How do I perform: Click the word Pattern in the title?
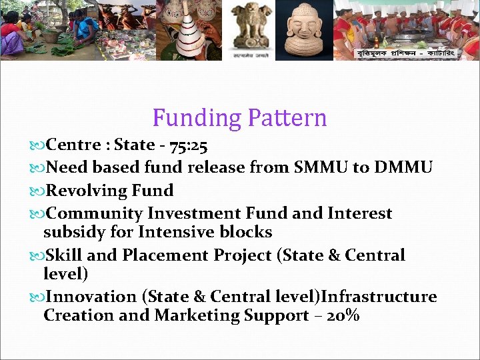287,118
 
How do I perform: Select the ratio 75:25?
187,145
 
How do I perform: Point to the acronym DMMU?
403,167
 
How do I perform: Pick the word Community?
95,214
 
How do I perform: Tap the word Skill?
65,255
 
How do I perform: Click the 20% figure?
344,315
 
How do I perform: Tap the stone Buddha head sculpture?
303,30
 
